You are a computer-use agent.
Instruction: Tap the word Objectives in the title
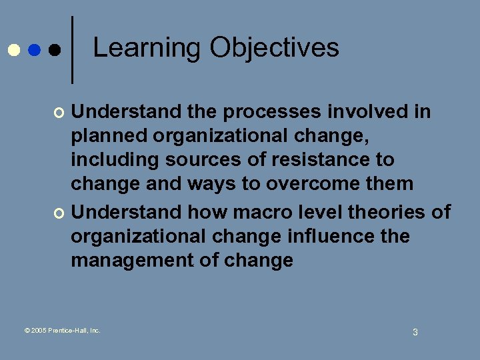coord(274,48)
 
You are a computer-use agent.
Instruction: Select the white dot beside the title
coord(13,51)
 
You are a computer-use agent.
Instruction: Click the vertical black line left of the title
coord(72,49)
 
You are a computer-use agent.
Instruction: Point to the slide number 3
coord(415,332)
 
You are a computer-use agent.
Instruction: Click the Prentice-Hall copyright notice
coord(62,330)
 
